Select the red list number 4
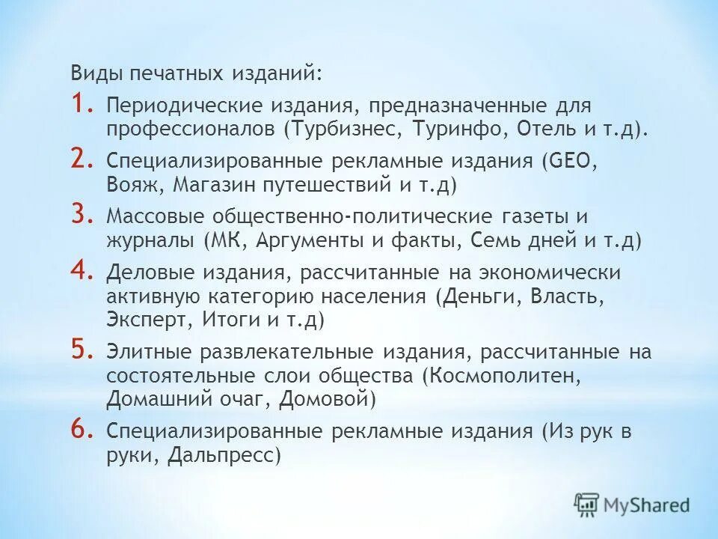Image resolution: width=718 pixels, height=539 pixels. pyautogui.click(x=82, y=271)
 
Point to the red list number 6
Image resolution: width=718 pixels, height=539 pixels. pyautogui.click(x=82, y=430)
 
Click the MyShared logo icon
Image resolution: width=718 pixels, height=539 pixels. pyautogui.click(x=587, y=505)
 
